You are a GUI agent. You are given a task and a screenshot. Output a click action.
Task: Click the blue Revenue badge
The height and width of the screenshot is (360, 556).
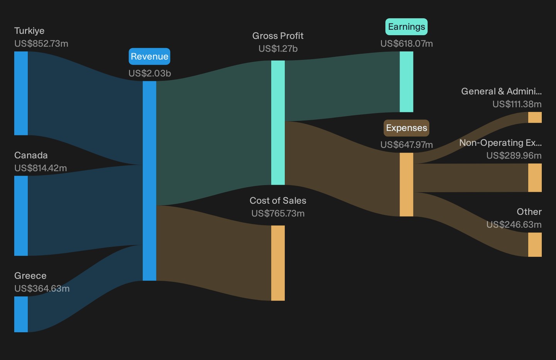click(149, 56)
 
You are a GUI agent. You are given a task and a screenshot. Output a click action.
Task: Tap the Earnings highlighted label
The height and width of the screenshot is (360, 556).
click(406, 27)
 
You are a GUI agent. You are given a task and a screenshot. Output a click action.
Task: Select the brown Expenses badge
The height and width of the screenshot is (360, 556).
click(406, 128)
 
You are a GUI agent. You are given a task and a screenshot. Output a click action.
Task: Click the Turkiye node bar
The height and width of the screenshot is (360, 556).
click(21, 93)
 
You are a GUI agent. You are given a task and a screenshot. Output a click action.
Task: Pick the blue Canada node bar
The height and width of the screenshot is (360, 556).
click(21, 216)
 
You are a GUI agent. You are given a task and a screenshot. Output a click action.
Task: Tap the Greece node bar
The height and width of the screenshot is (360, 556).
click(21, 314)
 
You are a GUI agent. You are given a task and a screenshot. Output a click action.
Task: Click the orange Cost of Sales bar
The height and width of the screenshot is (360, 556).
click(278, 263)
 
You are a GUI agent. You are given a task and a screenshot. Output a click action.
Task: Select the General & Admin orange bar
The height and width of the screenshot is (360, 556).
click(535, 117)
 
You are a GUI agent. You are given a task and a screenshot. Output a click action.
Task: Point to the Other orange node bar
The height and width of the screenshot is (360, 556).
click(535, 245)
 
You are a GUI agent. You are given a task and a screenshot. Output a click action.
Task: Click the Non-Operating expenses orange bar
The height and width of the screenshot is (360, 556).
click(535, 177)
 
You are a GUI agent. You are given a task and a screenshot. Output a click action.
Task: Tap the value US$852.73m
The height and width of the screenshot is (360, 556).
click(41, 44)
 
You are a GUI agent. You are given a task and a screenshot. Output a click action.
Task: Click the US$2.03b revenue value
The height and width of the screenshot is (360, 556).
click(150, 73)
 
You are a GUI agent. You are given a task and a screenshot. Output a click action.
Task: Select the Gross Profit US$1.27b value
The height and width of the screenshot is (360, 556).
click(278, 49)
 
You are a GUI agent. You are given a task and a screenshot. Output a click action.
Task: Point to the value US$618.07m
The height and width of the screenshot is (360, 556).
click(407, 44)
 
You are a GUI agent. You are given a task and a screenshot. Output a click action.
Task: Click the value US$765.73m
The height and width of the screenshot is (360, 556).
click(278, 213)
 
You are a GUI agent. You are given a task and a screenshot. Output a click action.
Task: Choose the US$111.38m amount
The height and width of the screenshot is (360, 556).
click(517, 104)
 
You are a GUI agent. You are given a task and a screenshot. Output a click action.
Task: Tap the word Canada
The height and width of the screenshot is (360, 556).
click(31, 155)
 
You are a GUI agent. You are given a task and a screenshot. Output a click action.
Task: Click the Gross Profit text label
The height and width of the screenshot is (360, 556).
click(278, 36)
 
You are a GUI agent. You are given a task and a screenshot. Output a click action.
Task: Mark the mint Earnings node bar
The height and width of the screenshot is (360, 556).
click(406, 82)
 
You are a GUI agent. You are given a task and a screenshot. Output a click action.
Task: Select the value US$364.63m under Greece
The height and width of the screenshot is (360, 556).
click(42, 289)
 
